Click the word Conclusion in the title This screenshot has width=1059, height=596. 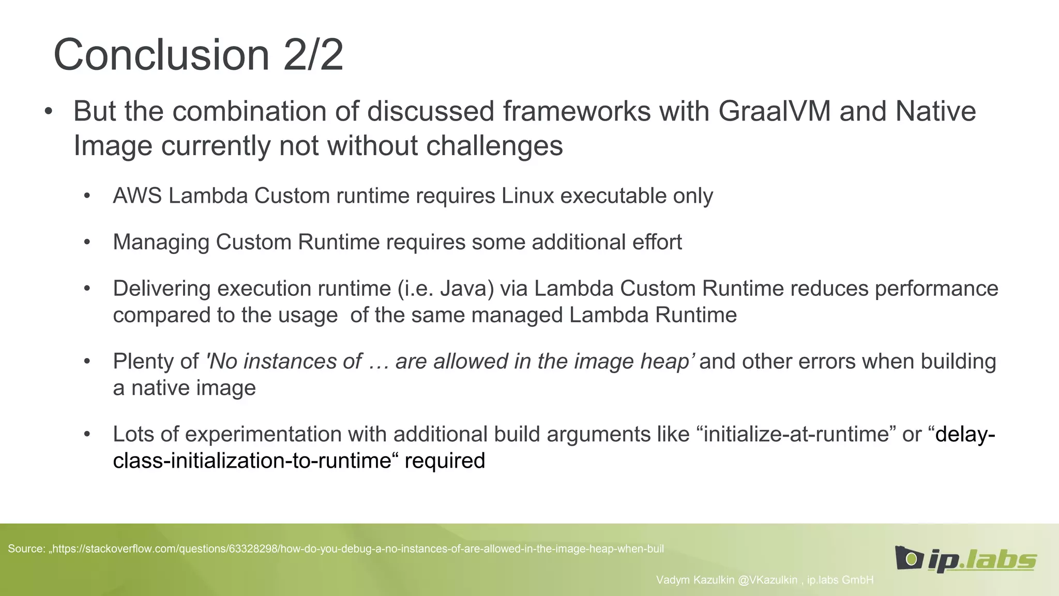pyautogui.click(x=161, y=55)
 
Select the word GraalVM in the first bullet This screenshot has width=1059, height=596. pyautogui.click(x=774, y=111)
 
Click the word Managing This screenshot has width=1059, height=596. pyautogui.click(x=161, y=242)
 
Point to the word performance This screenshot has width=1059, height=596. pyautogui.click(x=936, y=289)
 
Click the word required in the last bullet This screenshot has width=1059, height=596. pyautogui.click(x=445, y=460)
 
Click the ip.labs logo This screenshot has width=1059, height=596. pyautogui.click(x=965, y=559)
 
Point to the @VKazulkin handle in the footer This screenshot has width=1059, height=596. pyautogui.click(x=767, y=580)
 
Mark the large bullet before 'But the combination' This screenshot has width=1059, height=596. pyautogui.click(x=49, y=112)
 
